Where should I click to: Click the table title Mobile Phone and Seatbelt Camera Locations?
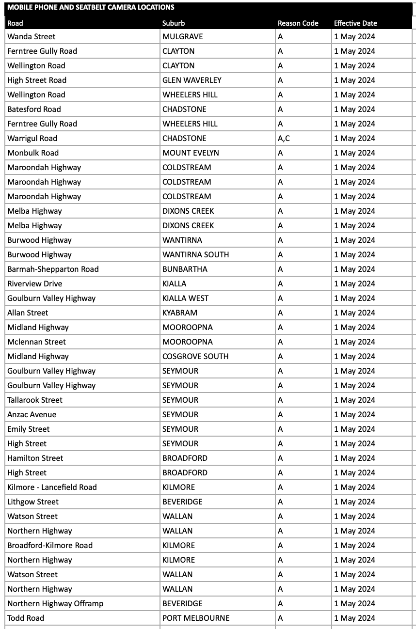pyautogui.click(x=91, y=7)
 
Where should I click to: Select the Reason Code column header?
pyautogui.click(x=298, y=23)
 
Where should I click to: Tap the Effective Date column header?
pyautogui.click(x=355, y=23)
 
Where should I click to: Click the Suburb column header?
pyautogui.click(x=174, y=23)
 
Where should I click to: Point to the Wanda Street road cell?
pyautogui.click(x=32, y=36)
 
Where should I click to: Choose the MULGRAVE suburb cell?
pyautogui.click(x=183, y=36)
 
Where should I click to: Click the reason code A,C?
pyautogui.click(x=284, y=138)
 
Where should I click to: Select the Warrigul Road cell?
pyautogui.click(x=32, y=138)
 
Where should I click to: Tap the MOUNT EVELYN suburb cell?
pyautogui.click(x=191, y=153)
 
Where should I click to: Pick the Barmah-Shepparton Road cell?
pyautogui.click(x=53, y=269)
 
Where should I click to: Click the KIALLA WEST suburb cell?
pyautogui.click(x=185, y=298)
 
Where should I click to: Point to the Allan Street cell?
pyautogui.click(x=28, y=313)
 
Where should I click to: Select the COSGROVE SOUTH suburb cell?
pyautogui.click(x=195, y=356)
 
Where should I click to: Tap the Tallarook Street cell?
pyautogui.click(x=35, y=400)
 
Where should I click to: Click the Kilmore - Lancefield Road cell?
pyautogui.click(x=52, y=487)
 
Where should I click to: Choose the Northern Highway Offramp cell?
pyautogui.click(x=55, y=603)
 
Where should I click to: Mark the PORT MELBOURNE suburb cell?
pyautogui.click(x=196, y=618)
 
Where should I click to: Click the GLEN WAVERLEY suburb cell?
pyautogui.click(x=192, y=80)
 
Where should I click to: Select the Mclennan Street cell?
pyautogui.click(x=36, y=342)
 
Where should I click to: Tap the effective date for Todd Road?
pyautogui.click(x=354, y=618)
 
